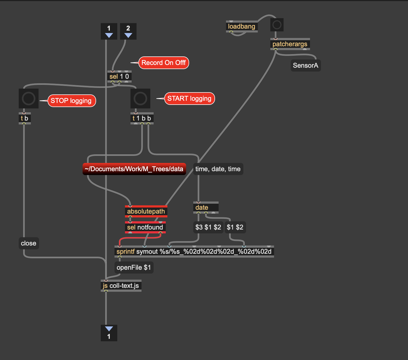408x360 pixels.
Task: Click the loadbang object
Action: tap(242, 26)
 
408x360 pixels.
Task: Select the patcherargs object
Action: tap(290, 44)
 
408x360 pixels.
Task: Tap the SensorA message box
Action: tap(306, 66)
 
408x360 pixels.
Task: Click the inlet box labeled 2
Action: tap(128, 31)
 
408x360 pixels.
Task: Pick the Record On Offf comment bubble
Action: tap(164, 63)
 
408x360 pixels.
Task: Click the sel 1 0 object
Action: tap(119, 77)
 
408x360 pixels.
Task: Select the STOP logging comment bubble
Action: tap(72, 101)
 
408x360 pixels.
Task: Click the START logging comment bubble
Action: tap(189, 99)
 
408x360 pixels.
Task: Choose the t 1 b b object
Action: tap(142, 118)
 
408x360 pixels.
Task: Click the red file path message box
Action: tap(134, 169)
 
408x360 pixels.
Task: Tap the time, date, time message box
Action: tap(218, 169)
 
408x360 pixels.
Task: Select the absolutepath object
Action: tap(146, 211)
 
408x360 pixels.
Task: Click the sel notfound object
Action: tap(145, 227)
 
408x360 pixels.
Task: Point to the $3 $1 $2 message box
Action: tap(208, 227)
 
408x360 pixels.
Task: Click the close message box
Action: tap(29, 243)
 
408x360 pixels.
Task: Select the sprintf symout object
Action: tap(194, 252)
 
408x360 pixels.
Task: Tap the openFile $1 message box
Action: tap(134, 268)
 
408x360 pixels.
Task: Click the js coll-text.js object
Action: tap(121, 286)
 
